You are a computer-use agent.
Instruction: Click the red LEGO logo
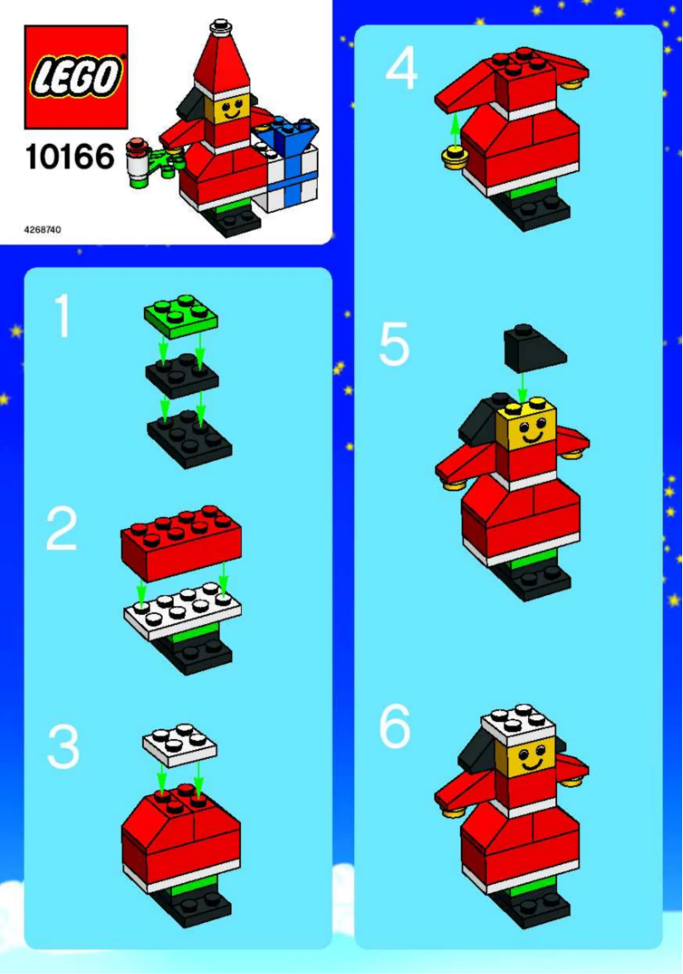[x=76, y=77]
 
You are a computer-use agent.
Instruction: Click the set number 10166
[x=69, y=158]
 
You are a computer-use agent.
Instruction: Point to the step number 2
[x=61, y=530]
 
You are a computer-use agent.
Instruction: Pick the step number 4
[x=401, y=70]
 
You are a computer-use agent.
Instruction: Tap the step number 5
[x=394, y=346]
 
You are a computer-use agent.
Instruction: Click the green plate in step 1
[x=181, y=316]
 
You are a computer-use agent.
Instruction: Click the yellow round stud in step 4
[x=454, y=155]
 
